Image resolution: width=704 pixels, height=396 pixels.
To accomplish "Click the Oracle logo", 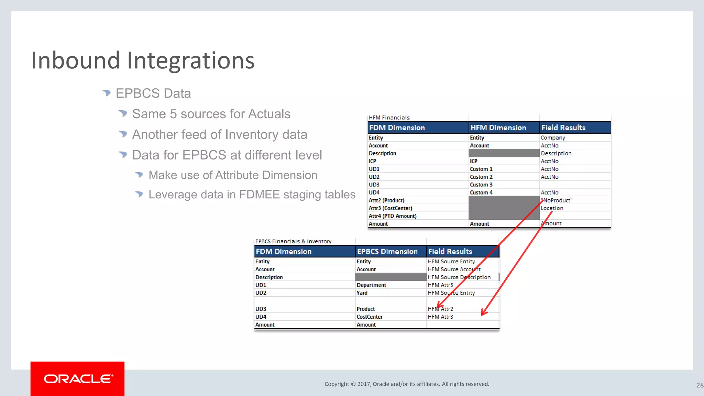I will tap(78, 379).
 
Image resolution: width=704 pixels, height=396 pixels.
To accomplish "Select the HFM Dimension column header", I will tap(498, 128).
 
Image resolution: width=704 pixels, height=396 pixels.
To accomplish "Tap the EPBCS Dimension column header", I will tap(387, 252).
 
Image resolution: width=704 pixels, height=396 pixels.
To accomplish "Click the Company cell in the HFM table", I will tap(553, 137).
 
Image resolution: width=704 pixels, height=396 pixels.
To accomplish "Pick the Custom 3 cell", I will tap(481, 185).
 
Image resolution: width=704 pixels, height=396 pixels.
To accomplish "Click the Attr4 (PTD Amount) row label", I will tap(392, 216).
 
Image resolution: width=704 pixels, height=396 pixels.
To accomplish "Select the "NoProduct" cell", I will tap(557, 200).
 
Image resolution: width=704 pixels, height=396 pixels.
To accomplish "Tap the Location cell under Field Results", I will tap(552, 208).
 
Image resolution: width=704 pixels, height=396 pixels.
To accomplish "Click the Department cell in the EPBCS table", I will tap(371, 285).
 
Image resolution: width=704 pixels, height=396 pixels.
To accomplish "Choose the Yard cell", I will tap(362, 293).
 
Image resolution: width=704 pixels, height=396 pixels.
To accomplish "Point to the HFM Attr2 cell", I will tap(440, 309).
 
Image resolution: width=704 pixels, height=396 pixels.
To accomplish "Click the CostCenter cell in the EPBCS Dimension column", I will tap(370, 317).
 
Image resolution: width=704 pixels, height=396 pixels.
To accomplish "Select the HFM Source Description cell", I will tap(459, 277).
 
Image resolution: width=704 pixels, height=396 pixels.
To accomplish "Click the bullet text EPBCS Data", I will tap(153, 93).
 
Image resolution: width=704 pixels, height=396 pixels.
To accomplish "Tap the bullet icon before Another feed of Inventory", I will tap(123, 134).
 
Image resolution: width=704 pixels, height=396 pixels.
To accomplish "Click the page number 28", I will tap(700, 385).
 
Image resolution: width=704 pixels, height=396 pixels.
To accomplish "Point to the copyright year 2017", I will tap(363, 384).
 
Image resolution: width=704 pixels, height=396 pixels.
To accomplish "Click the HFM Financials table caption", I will tap(389, 118).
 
